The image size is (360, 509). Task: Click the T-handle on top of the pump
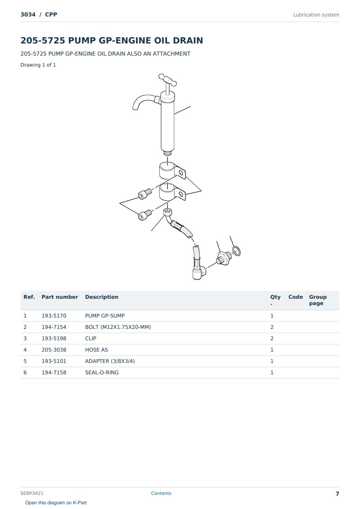click(167, 80)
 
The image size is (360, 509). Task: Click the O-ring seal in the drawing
click(236, 251)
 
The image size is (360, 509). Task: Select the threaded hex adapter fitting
click(224, 258)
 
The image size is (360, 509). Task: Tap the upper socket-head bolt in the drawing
click(145, 193)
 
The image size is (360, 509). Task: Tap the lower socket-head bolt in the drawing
click(145, 215)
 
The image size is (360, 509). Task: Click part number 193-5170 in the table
click(54, 316)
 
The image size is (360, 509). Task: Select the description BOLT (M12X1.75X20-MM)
click(118, 327)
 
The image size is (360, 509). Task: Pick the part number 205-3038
click(54, 350)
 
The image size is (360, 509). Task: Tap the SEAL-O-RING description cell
click(102, 372)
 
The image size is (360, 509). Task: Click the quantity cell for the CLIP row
click(272, 338)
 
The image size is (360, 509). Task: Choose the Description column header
click(101, 297)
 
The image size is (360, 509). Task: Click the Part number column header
click(60, 297)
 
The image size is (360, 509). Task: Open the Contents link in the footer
click(161, 493)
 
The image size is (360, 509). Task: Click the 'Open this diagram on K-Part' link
click(56, 503)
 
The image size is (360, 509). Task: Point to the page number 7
click(337, 494)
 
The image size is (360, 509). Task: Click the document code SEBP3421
click(32, 493)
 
